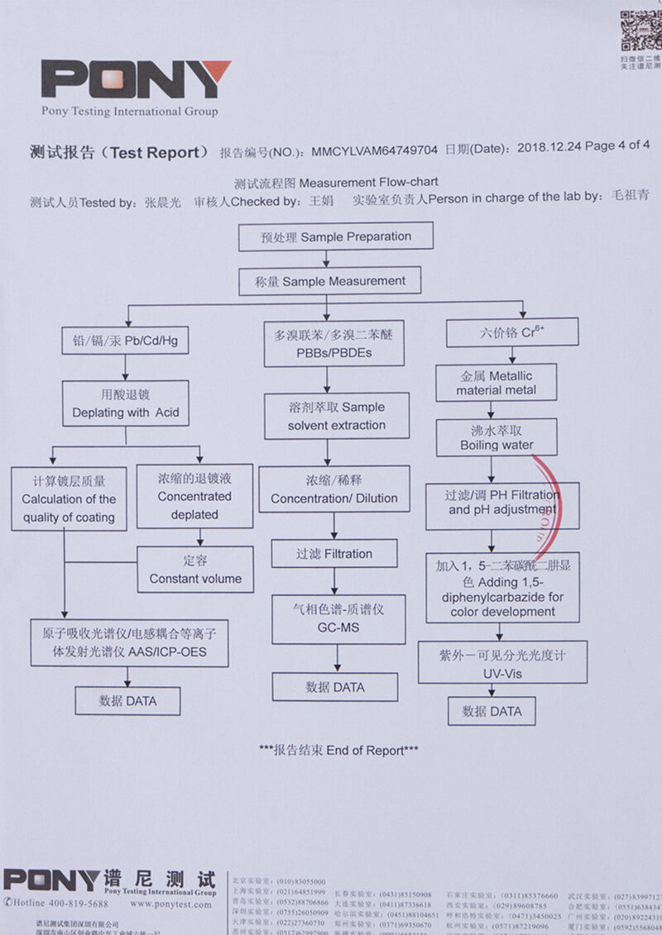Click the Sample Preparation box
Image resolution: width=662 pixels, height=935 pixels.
(x=336, y=237)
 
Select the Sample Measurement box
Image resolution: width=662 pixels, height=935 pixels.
(x=330, y=281)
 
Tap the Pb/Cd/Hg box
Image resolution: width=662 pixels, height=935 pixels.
(x=125, y=340)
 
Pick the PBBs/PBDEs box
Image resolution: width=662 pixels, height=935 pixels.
(x=334, y=344)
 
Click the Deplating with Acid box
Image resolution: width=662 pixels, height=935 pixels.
(x=126, y=403)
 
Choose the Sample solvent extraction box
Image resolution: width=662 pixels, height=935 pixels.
(x=337, y=416)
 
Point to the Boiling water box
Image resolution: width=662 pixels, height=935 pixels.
(x=496, y=437)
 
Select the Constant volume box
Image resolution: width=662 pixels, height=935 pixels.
(x=195, y=570)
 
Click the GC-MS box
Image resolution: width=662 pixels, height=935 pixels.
(x=338, y=618)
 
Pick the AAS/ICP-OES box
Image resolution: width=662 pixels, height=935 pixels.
(x=129, y=642)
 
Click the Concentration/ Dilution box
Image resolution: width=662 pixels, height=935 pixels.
(x=333, y=489)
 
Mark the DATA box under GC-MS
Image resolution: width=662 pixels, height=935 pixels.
(x=334, y=687)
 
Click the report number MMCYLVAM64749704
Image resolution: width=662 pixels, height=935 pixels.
(x=374, y=150)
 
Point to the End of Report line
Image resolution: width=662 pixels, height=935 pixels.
(x=338, y=751)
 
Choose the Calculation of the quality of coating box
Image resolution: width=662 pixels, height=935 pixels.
(x=69, y=499)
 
